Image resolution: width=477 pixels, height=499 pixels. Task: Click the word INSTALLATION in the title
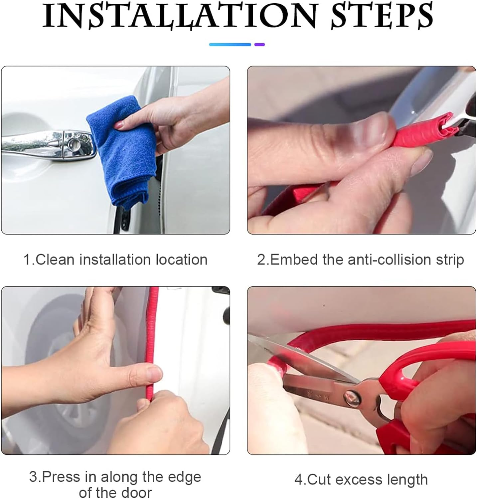point(180,15)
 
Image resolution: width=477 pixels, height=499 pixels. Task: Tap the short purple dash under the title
point(259,44)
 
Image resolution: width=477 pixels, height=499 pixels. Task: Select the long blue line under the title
point(230,44)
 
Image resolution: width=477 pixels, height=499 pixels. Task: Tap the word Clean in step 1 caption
point(55,259)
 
